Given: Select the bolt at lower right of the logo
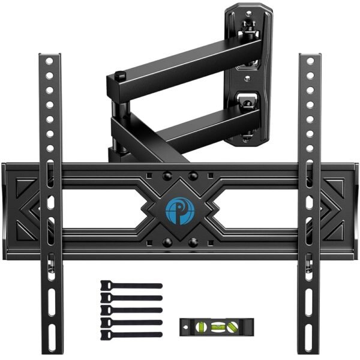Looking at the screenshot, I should (193, 243).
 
